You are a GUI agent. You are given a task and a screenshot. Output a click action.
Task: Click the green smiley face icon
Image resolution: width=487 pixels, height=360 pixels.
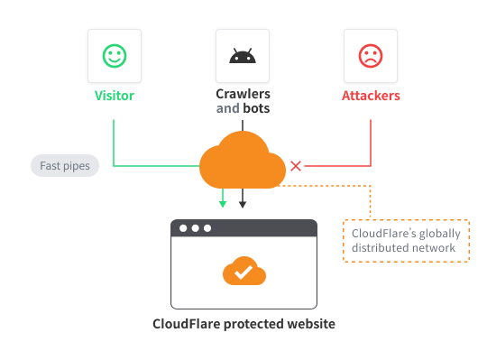114,56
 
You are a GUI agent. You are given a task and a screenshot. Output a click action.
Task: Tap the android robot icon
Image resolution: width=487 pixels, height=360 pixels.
242,56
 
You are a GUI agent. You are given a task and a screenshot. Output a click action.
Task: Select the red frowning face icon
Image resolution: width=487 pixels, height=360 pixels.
371,56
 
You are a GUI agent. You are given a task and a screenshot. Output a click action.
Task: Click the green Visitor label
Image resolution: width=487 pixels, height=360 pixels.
114,95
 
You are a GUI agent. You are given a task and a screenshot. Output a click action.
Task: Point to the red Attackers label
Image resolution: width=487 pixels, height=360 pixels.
371,95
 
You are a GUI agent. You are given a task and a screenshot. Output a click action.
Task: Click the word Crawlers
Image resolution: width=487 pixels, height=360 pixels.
242,95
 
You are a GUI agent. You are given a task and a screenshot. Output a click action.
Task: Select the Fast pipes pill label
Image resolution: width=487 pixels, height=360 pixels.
65,166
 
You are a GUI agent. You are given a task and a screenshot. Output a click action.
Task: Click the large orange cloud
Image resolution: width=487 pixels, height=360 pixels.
242,161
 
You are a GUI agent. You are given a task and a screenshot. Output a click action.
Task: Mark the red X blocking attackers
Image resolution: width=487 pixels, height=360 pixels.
295,166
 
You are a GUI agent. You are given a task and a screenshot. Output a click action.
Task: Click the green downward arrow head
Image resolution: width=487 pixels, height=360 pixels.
222,204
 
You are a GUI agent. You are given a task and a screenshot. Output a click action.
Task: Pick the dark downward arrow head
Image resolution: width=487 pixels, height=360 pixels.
242,204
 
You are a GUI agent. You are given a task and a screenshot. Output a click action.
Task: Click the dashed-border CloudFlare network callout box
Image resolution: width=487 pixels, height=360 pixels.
406,241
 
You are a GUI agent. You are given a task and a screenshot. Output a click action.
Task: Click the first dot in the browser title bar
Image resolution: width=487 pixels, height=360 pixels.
183,228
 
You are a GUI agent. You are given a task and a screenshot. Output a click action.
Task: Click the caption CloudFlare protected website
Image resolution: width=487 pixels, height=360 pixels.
243,323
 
